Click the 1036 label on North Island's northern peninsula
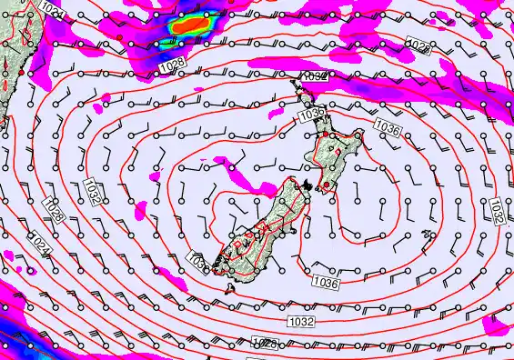tap(310, 115)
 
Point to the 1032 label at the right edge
tap(497, 211)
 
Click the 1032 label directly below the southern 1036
tap(301, 322)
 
